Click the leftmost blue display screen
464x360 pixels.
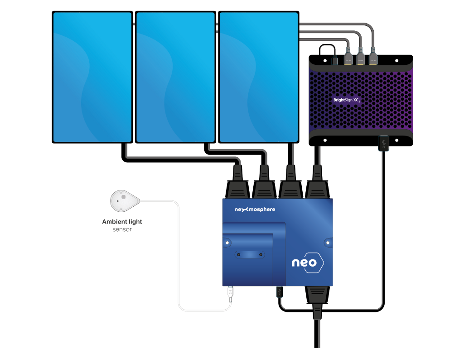[92, 77]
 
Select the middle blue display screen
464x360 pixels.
[175, 77]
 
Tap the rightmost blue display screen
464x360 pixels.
[259, 77]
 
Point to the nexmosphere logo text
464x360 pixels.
[254, 209]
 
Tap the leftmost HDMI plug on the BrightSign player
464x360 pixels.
[348, 58]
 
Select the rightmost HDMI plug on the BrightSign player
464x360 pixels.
[373, 58]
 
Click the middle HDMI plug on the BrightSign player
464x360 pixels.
[361, 58]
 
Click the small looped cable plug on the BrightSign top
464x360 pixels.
[334, 61]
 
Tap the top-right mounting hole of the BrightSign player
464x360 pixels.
[396, 60]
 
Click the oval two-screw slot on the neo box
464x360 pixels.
[248, 255]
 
